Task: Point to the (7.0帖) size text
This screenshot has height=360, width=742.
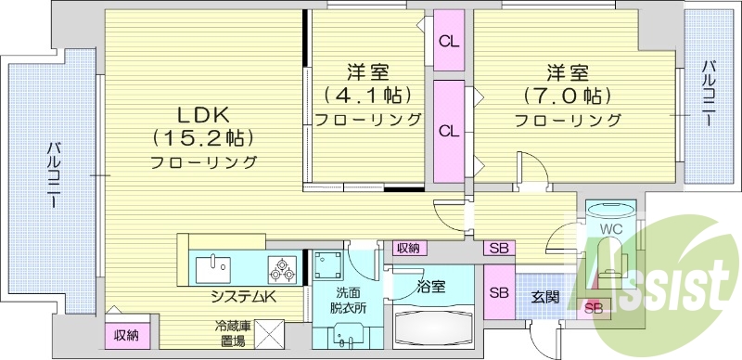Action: [568, 96]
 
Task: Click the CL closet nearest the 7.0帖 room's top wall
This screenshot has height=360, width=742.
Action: [449, 41]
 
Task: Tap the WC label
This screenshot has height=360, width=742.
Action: [609, 227]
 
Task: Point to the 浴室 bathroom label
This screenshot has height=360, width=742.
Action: [431, 286]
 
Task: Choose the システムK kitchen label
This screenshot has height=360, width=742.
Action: [244, 297]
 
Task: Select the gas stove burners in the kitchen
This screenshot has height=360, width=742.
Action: [282, 269]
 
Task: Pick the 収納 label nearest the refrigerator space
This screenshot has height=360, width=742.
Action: [126, 335]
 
